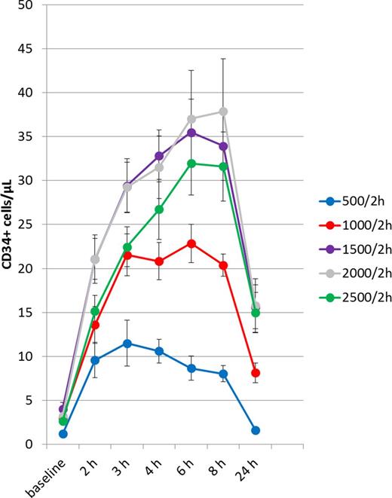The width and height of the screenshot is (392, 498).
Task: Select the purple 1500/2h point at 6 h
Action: point(191,133)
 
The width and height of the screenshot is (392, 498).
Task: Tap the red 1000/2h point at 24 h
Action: point(256,372)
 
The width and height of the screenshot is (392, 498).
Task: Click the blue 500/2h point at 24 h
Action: point(256,430)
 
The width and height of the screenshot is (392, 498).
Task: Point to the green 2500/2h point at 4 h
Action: point(159,209)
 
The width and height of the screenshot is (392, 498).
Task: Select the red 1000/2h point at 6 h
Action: point(191,243)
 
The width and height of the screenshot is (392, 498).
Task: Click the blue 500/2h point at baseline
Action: point(63,434)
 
